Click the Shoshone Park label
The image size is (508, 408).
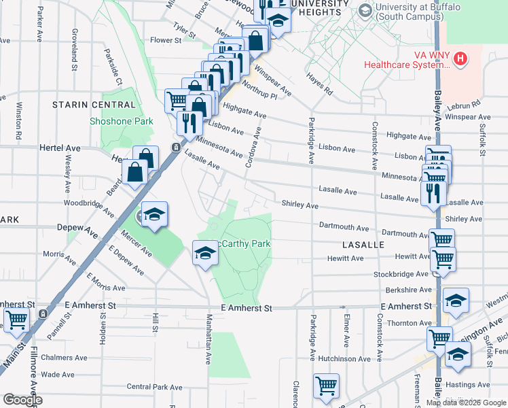[x=122, y=122]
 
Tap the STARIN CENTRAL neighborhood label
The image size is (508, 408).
[x=94, y=105]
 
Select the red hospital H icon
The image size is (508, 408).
[x=461, y=59]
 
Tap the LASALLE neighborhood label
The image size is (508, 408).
[x=363, y=244]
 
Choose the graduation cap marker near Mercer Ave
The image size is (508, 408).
[x=154, y=216]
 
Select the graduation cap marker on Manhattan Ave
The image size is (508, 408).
[x=205, y=254]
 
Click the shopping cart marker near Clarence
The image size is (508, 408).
[x=326, y=386]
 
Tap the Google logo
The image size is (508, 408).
[x=22, y=400]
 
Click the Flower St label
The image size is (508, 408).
[x=166, y=41]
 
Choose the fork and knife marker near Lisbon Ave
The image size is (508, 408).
[x=188, y=123]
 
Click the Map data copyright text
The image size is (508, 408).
[x=466, y=403]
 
